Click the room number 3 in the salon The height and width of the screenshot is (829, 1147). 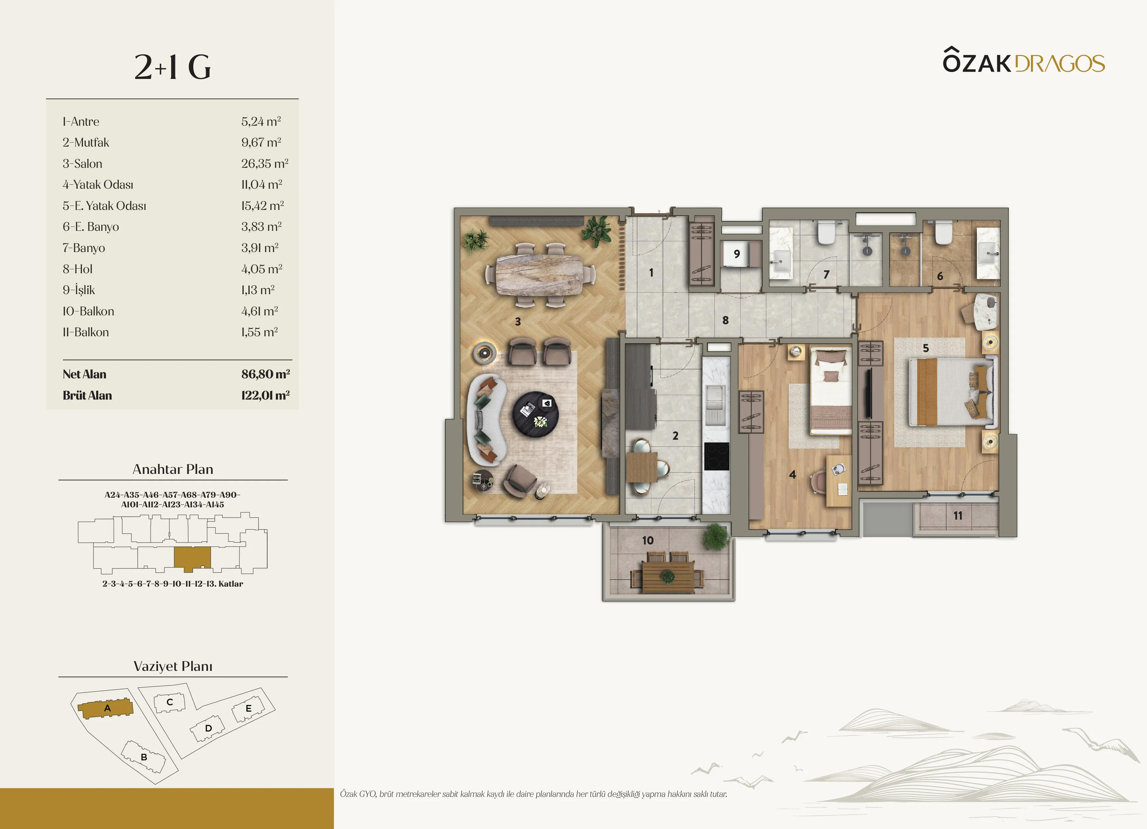(517, 321)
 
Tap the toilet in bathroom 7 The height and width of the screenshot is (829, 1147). (826, 233)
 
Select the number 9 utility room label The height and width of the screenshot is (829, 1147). (737, 254)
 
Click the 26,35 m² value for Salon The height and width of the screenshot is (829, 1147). (265, 163)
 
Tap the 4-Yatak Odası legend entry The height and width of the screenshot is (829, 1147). (98, 185)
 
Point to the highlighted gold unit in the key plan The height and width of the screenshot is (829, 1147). (192, 558)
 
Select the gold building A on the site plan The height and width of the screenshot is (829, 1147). (105, 709)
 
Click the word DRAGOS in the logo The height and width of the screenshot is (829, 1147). (1059, 64)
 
